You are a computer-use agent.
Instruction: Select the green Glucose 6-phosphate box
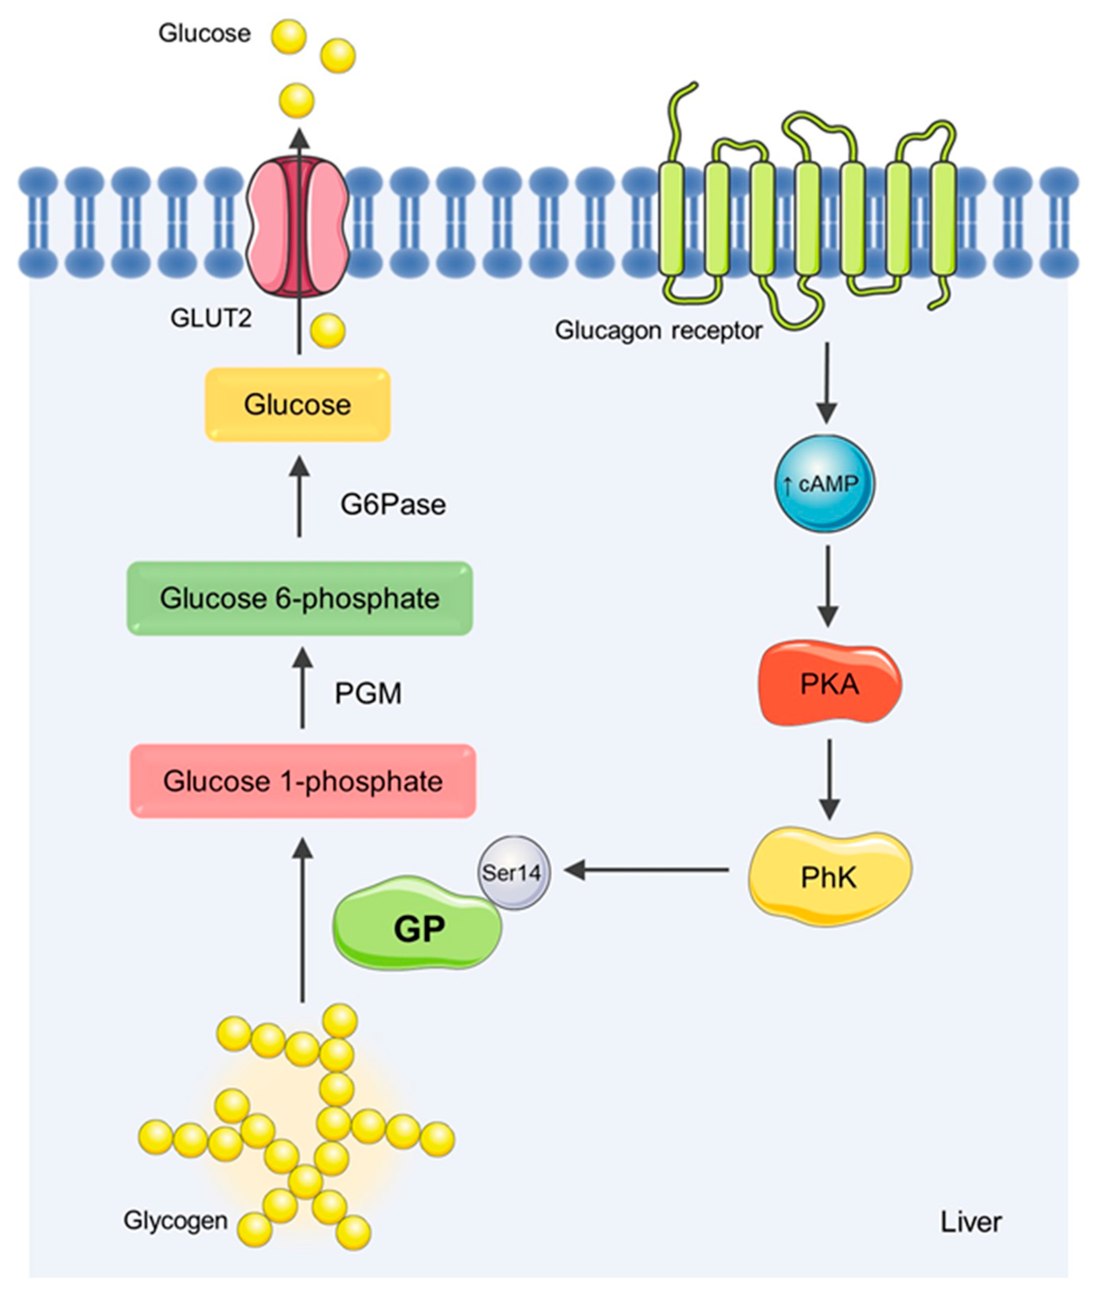(300, 598)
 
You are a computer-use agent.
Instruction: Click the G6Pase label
(393, 505)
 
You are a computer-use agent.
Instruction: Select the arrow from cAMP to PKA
(828, 586)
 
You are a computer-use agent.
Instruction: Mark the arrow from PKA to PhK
(830, 779)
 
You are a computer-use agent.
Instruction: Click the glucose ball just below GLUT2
(328, 331)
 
